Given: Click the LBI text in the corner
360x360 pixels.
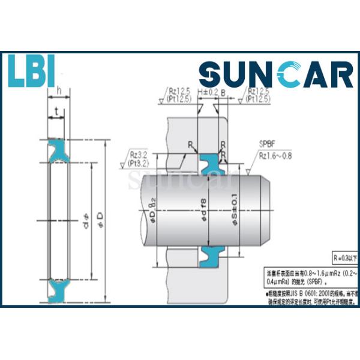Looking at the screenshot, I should (32, 71).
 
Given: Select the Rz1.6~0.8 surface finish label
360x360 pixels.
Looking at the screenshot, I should (276, 157).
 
